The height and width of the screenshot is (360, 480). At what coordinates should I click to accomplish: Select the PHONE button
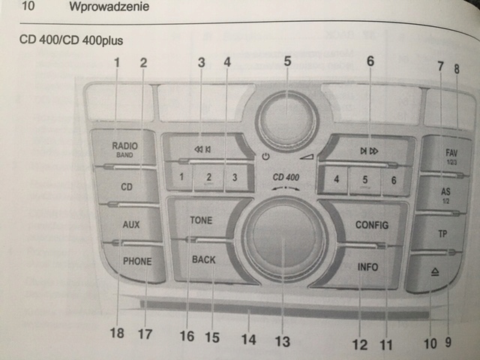(137, 262)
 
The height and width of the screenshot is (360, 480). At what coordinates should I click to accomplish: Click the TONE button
(201, 221)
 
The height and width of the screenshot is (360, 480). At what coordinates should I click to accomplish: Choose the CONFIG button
(371, 223)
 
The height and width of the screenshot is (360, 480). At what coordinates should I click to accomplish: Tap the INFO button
(367, 266)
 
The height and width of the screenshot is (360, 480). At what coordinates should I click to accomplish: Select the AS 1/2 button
(446, 195)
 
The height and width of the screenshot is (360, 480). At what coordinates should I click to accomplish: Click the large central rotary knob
(283, 240)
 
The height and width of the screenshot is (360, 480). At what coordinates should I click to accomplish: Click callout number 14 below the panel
(248, 339)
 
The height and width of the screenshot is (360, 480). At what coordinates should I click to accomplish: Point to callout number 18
(118, 332)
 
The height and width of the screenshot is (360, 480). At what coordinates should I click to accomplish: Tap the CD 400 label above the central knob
(286, 177)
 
